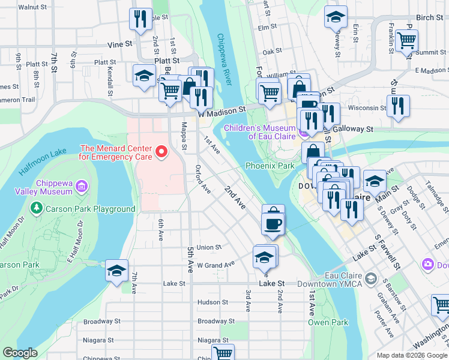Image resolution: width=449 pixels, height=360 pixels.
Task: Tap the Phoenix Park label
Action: tap(270, 166)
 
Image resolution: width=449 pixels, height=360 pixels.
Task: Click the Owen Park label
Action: tap(328, 322)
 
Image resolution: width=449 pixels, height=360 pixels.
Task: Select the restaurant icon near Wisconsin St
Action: tap(398, 106)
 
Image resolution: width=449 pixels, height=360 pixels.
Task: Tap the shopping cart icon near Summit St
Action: tap(407, 41)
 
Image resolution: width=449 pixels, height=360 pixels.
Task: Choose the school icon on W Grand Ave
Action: tap(264, 257)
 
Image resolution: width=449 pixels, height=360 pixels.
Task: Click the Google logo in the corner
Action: tap(20, 353)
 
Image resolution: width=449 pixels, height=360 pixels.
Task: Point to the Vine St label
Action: tap(119, 44)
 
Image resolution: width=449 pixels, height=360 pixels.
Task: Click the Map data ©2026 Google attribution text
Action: tap(411, 355)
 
